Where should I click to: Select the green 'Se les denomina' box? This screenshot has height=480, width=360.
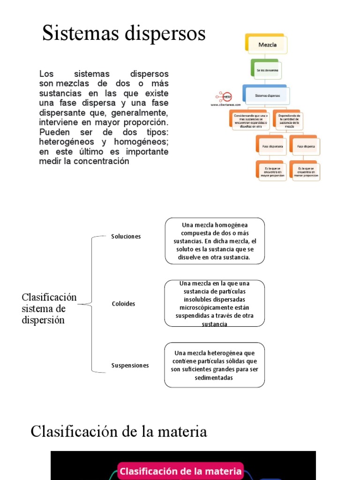point(267,70)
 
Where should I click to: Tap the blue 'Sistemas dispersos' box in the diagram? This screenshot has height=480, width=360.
point(267,96)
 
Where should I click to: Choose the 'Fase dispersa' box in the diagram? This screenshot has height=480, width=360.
point(306,146)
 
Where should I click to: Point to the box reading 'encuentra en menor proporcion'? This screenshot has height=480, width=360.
point(306,172)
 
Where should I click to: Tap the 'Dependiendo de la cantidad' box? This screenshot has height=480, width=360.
point(289,120)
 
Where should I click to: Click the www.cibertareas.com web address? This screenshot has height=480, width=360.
point(225,105)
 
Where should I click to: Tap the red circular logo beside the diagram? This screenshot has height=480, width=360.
point(227,97)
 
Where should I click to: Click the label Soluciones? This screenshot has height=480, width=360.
point(126,236)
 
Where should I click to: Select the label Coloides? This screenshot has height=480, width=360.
point(123,304)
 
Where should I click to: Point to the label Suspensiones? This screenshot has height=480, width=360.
point(130,365)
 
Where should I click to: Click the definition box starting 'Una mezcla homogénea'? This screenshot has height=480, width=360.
point(215,241)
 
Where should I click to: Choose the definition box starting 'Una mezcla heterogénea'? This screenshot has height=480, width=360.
point(215,365)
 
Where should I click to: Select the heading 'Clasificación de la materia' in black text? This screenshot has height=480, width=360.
point(119,431)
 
